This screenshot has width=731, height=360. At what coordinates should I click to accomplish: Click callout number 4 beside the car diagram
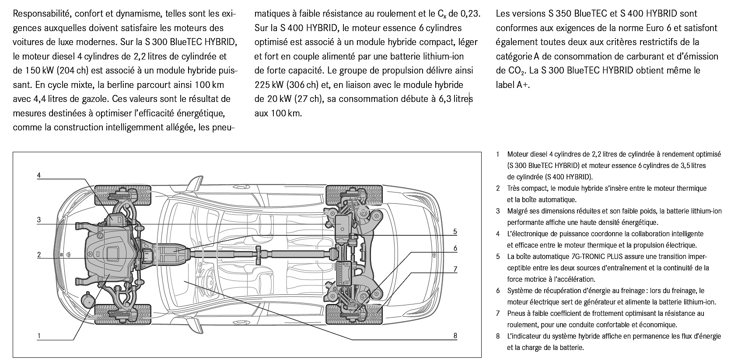point(39,175)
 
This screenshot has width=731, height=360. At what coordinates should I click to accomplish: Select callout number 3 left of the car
point(39,220)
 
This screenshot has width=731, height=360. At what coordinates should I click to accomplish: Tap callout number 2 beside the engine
point(39,255)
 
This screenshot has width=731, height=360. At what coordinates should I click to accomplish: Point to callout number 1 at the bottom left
point(39,336)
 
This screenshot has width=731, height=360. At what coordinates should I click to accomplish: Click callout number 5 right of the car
point(455,231)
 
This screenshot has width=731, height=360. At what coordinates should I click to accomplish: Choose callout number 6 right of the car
point(455,248)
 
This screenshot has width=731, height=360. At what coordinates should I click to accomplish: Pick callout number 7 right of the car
point(455,269)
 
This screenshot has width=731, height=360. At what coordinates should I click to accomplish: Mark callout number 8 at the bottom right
point(455,336)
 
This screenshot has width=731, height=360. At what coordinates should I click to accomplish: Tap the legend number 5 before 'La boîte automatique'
point(498,256)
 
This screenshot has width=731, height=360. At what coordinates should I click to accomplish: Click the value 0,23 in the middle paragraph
point(470,14)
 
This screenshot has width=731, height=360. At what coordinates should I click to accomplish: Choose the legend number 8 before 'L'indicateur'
point(498,336)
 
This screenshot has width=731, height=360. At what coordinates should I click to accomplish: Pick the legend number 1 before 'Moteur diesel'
point(498,154)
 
